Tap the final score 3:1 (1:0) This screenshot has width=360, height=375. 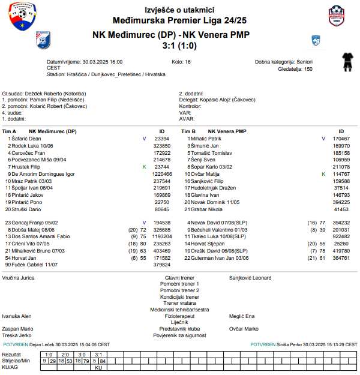coord(179,45)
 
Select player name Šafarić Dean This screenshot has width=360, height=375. coord(26,139)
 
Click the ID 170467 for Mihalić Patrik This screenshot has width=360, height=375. coord(341,139)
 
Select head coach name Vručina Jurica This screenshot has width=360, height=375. coord(18,278)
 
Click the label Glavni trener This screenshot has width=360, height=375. coord(179,278)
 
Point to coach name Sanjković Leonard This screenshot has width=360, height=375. coord(250,278)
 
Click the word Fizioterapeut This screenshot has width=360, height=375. coord(179,316)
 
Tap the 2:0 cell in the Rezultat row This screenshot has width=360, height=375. coord(65,355)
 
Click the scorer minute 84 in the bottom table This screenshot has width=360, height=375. coord(103,361)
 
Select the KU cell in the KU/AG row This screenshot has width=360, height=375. coord(98,368)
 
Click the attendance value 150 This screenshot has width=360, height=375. coord(308,69)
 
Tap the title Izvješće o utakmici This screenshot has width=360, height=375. coord(179,10)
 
